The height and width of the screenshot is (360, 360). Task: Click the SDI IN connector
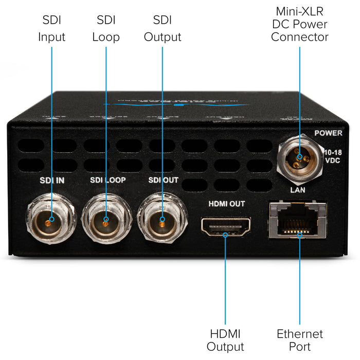pos(50,221)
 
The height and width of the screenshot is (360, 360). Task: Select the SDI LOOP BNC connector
pos(106,221)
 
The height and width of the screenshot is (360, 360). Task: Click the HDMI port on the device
pos(226,226)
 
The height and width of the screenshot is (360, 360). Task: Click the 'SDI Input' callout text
pos(51,29)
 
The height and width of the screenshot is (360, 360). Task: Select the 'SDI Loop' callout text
pos(106,29)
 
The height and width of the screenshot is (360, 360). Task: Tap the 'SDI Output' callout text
pos(163,29)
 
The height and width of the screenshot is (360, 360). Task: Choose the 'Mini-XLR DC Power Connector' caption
pos(299,24)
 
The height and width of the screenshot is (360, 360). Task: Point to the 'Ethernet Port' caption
pos(300,340)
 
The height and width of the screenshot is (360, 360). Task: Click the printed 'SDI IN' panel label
pos(51,181)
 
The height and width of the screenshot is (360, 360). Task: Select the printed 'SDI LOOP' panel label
pos(108,181)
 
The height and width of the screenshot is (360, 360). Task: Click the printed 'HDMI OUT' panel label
pos(226,204)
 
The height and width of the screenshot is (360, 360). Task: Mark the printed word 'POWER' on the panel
pos(328,133)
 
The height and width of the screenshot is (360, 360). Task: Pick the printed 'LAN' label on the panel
pos(298,190)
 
